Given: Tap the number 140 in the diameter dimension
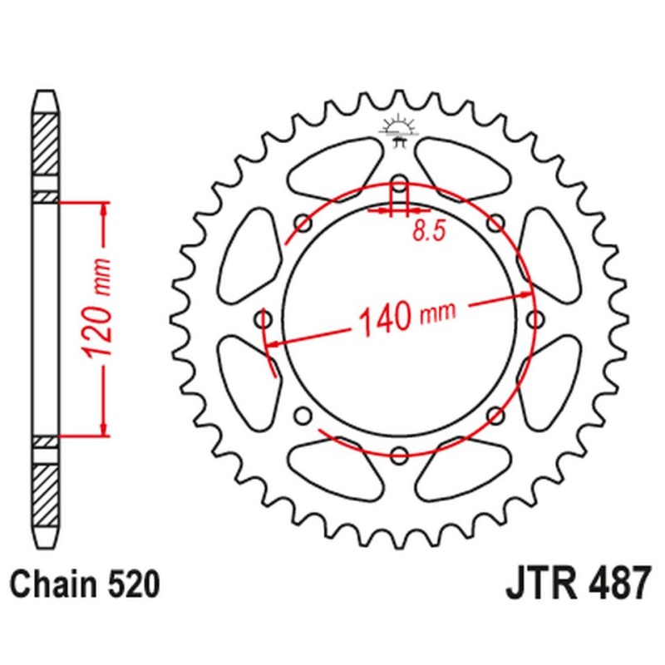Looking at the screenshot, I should (x=386, y=318).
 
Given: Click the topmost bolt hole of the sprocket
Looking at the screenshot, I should (x=399, y=184).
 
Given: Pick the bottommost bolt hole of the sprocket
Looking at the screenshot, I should (x=399, y=455).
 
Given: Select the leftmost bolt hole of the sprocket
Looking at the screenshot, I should (x=264, y=319).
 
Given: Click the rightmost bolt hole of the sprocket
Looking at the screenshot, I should (x=534, y=319).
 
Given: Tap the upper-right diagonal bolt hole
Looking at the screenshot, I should (x=495, y=223).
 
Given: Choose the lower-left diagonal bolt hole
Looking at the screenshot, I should (x=303, y=415).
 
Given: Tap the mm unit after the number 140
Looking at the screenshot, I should (x=439, y=313).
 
